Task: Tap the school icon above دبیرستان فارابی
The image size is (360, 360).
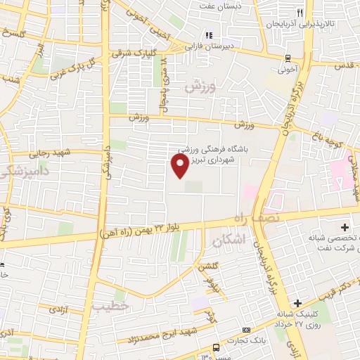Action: [208, 35]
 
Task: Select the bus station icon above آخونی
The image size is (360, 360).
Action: [287, 58]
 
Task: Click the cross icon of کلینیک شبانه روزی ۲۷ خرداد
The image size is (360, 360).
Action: [298, 303]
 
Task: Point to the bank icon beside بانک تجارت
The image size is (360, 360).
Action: [246, 330]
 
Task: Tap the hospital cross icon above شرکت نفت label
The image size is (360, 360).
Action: [345, 228]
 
